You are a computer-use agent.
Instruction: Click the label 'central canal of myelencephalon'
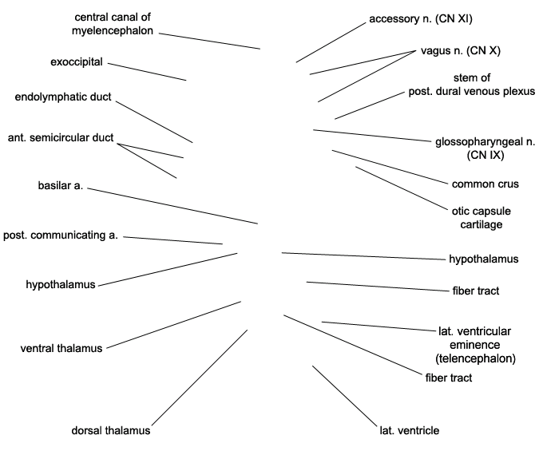point(113,24)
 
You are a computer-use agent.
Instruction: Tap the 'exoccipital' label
point(77,62)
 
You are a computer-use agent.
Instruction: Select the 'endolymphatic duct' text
point(63,97)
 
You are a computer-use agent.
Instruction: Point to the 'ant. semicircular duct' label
point(61,137)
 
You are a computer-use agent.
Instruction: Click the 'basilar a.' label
point(61,186)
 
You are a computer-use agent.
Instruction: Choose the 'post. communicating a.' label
point(61,235)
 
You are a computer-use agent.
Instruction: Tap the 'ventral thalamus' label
point(61,348)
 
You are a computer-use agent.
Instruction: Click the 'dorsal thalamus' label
point(111,430)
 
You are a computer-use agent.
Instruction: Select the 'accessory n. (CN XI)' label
point(421,18)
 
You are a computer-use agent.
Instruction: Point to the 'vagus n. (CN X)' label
point(461,50)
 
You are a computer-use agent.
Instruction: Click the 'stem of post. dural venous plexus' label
point(472,85)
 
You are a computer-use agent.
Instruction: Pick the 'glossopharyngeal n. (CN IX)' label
point(485,148)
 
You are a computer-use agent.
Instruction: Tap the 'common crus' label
point(485,184)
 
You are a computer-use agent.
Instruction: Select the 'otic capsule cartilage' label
point(482,218)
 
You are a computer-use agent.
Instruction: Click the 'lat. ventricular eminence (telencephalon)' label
point(475,345)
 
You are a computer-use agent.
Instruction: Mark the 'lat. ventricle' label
point(410,430)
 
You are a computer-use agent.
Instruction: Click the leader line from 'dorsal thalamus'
point(200,378)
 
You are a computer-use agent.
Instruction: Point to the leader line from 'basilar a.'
point(172,206)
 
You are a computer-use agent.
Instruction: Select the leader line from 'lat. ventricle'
point(344,396)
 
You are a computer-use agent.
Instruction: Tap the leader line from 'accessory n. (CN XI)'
point(331,42)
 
